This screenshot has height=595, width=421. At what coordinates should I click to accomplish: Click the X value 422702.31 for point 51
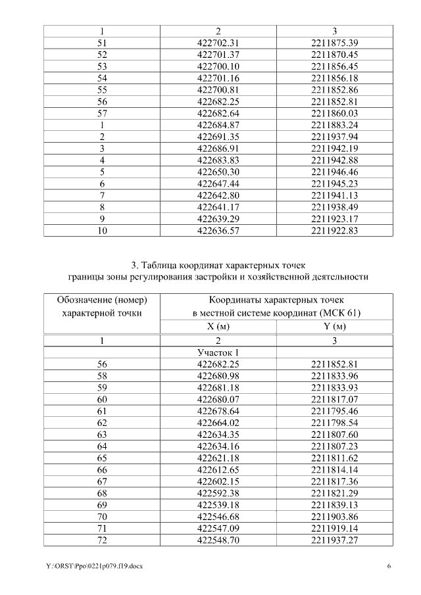[x=217, y=43]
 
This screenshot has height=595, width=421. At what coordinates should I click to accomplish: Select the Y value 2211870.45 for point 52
[x=334, y=54]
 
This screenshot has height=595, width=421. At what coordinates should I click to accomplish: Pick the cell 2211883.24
[x=334, y=126]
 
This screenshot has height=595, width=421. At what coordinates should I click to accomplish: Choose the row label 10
[x=102, y=231]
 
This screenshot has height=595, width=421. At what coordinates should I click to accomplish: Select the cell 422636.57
[x=217, y=231]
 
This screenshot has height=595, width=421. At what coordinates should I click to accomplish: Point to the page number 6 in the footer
[x=389, y=566]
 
